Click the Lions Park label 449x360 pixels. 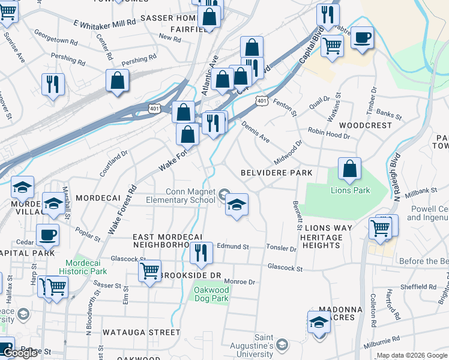tap(351, 191)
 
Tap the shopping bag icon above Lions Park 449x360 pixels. tap(349, 169)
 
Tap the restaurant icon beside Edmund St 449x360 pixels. tap(201, 254)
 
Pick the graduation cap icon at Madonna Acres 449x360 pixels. tap(319, 322)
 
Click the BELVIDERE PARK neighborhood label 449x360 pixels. tap(276, 173)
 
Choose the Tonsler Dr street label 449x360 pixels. tap(282, 248)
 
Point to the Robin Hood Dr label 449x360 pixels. tap(328, 133)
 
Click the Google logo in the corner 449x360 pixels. tap(19, 353)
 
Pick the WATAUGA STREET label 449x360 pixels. tap(141, 332)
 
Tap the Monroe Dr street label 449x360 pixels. tap(240, 281)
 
